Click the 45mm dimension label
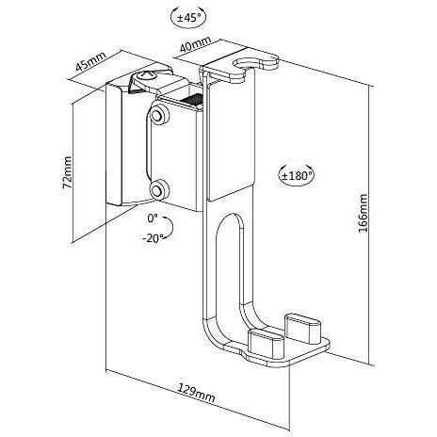tap(91, 61)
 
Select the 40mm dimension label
tap(195, 44)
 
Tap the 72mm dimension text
tap(67, 172)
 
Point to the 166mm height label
tap(363, 213)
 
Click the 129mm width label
tap(197, 393)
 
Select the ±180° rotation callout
tap(297, 175)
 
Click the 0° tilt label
tap(153, 218)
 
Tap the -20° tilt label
tap(153, 238)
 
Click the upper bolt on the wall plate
tap(159, 115)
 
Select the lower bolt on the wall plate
tap(159, 189)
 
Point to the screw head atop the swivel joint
tap(145, 76)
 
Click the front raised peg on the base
tap(266, 343)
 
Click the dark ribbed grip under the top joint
tap(191, 101)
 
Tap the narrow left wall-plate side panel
tap(113, 144)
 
